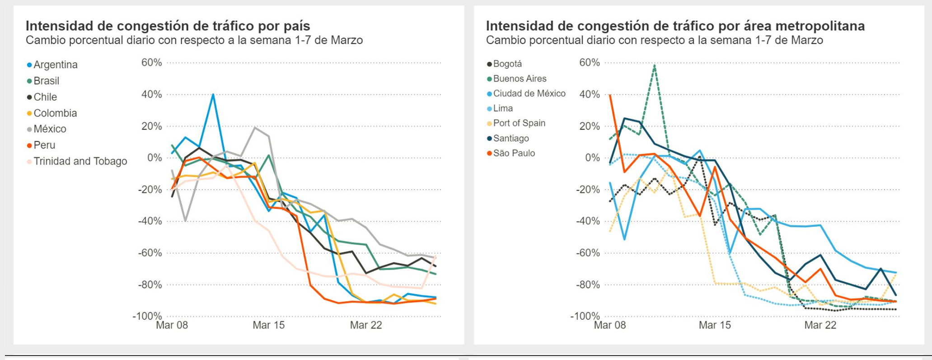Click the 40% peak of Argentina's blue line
pyautogui.click(x=213, y=94)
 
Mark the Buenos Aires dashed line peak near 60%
pyautogui.click(x=654, y=65)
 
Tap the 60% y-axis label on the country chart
pyautogui.click(x=151, y=63)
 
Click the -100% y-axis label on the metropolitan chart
pyautogui.click(x=585, y=316)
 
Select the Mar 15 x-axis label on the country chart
pyautogui.click(x=269, y=325)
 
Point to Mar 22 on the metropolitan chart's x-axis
pyautogui.click(x=820, y=325)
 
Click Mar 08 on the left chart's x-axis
pyautogui.click(x=172, y=325)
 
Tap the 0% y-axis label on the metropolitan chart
pyautogui.click(x=592, y=158)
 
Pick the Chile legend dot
pyautogui.click(x=29, y=97)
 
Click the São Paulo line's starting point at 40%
pyautogui.click(x=610, y=95)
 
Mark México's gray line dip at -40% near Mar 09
pyautogui.click(x=185, y=221)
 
